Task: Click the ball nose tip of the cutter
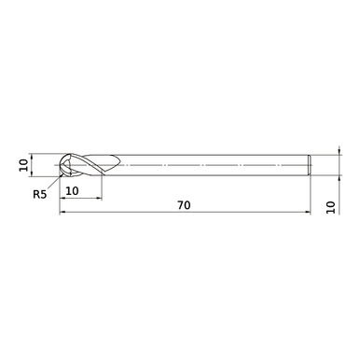point(61,165)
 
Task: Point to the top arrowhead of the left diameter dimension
point(33,156)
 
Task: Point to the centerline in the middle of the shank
point(205,165)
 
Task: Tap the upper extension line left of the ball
point(47,153)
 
